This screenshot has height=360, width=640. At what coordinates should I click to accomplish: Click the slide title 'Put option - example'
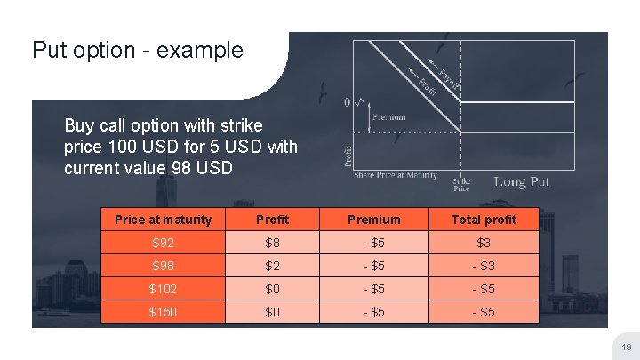coord(137,50)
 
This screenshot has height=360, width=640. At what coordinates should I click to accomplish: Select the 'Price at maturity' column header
coord(164,220)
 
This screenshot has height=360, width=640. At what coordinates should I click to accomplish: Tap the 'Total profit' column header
coord(484,220)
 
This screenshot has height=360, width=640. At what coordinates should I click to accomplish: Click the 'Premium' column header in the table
coord(373,220)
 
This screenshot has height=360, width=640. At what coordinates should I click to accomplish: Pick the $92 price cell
coord(164,243)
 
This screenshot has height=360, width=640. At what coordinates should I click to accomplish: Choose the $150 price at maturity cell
coord(164,312)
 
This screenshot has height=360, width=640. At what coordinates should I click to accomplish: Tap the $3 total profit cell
coord(484,243)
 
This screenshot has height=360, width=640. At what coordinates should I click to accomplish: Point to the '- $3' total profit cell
coord(484,266)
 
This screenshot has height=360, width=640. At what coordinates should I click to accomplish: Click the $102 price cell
coord(164,289)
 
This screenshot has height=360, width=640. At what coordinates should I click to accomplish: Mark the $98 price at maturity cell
coord(164,266)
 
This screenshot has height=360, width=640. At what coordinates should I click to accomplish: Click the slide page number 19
coord(626,348)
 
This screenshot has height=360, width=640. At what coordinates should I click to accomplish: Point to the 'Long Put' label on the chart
coord(521,181)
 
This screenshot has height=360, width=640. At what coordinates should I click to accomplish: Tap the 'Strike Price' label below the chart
coord(461,184)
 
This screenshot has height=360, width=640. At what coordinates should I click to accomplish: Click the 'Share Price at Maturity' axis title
coord(396,175)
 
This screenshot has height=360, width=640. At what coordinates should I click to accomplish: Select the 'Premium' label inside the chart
coord(389,117)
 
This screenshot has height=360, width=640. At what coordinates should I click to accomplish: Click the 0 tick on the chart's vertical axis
coord(348,102)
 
